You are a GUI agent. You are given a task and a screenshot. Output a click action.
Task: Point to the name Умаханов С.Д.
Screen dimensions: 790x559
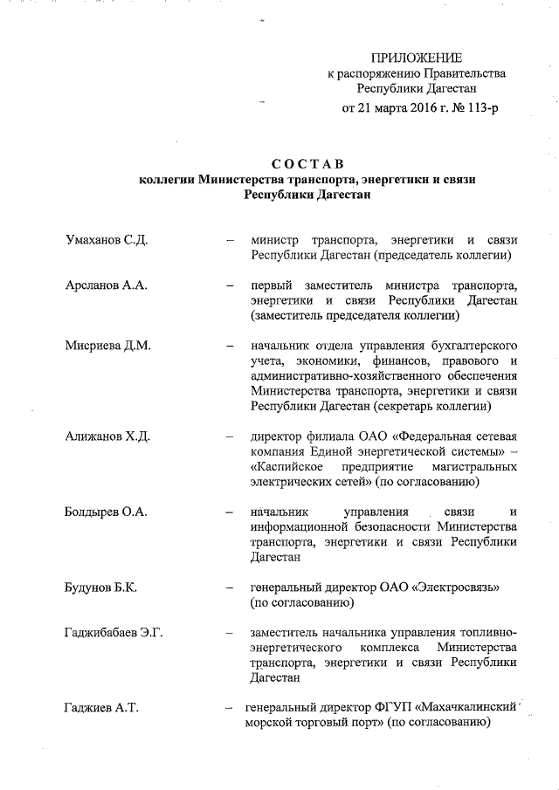(x=105, y=240)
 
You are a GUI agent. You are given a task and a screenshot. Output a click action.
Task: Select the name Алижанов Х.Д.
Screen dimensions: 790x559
(x=107, y=436)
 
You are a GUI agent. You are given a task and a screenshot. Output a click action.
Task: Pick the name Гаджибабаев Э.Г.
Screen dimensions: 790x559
(x=114, y=632)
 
